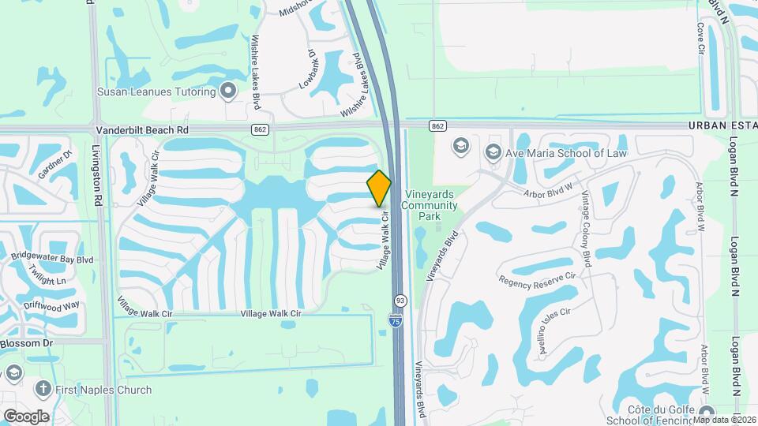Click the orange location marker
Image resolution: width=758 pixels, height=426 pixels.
(379, 188)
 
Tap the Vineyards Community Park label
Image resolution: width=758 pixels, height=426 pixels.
(430, 206)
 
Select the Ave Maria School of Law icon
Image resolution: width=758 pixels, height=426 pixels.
(493, 151)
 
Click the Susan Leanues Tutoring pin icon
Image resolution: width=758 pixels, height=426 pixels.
(229, 92)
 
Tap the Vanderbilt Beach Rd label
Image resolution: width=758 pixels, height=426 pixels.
(143, 129)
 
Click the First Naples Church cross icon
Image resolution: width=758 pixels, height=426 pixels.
(42, 388)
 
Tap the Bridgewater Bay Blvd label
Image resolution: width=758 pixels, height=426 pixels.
(51, 258)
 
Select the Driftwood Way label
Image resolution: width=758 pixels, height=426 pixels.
(51, 305)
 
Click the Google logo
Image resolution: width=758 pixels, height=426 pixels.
(26, 416)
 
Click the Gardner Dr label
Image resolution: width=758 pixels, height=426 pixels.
(55, 164)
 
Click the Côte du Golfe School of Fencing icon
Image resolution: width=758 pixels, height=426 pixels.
(707, 411)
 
